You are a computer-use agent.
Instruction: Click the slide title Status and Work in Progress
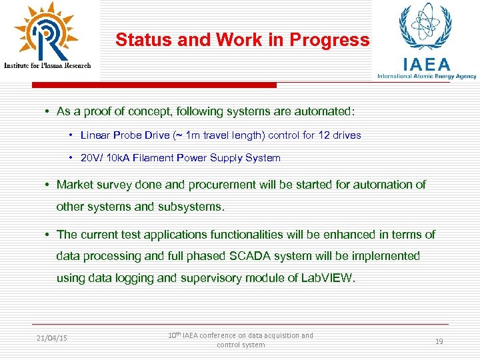point(242,40)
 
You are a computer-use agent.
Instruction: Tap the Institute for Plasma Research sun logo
point(46,31)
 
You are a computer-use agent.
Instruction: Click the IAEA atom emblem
point(425,28)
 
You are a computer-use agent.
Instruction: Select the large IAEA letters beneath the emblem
point(427,64)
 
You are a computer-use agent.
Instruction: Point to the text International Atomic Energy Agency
point(427,77)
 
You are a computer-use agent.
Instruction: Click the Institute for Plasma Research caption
point(47,65)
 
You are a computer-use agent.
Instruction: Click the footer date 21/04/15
point(52,338)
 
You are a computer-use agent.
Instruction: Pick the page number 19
point(439,341)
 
